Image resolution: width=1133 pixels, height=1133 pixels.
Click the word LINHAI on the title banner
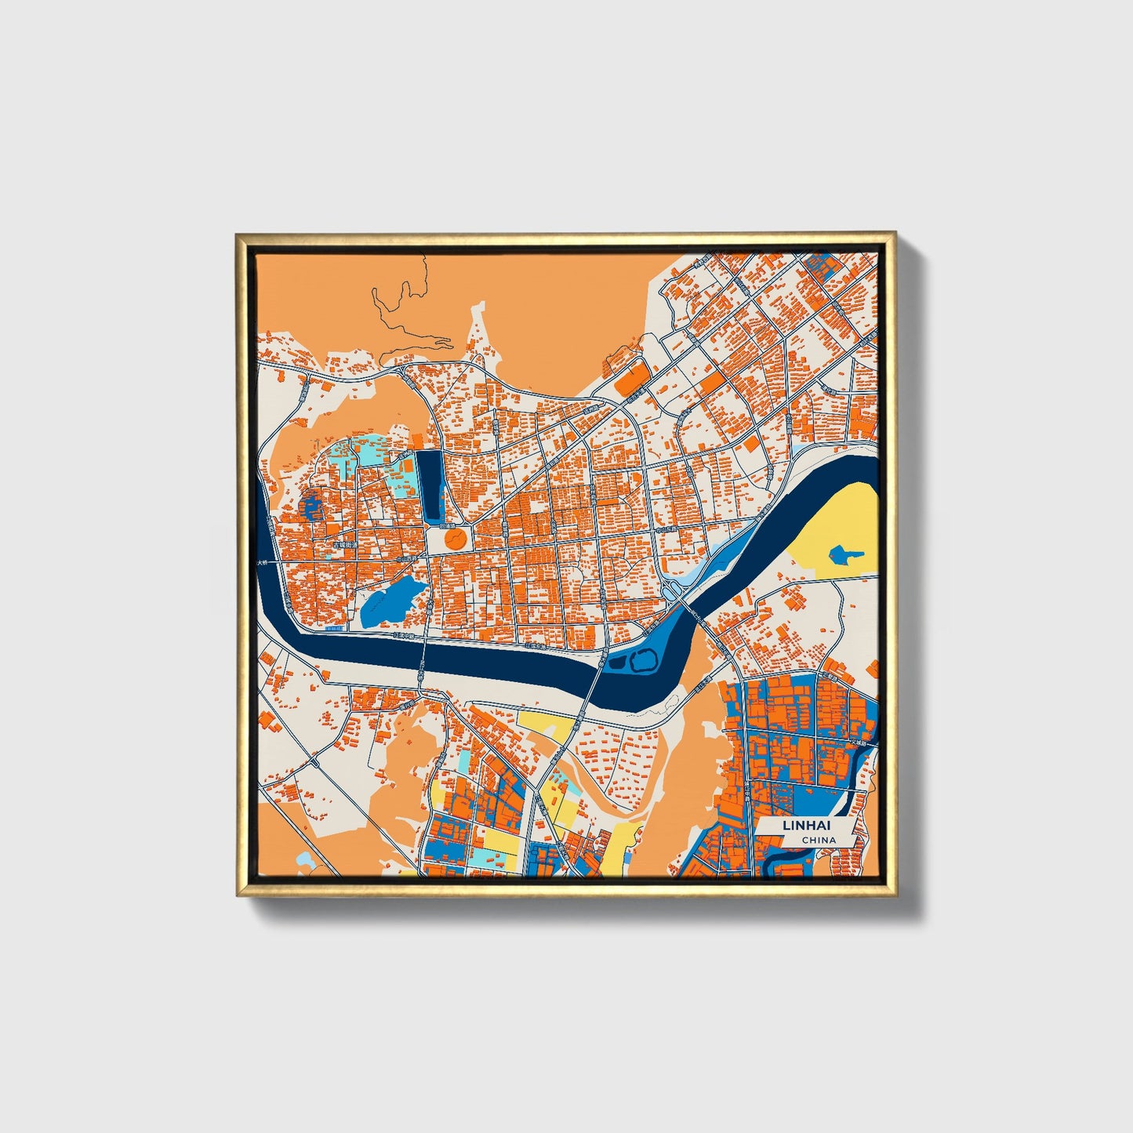tap(805, 826)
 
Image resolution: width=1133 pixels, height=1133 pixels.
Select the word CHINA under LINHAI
tap(818, 840)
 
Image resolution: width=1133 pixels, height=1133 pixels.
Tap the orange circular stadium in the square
tap(454, 538)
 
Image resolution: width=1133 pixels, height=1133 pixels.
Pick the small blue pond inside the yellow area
tap(844, 556)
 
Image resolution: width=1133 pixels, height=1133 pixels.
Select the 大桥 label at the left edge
tap(262, 563)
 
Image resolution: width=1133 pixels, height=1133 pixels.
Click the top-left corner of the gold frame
tap(237, 234)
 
